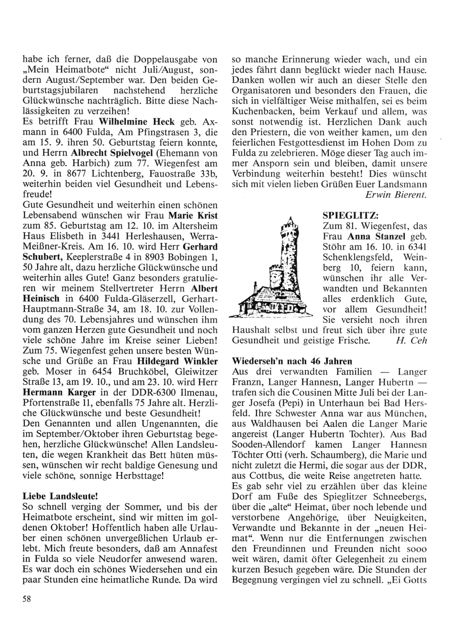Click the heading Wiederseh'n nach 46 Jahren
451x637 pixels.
[291, 361]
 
